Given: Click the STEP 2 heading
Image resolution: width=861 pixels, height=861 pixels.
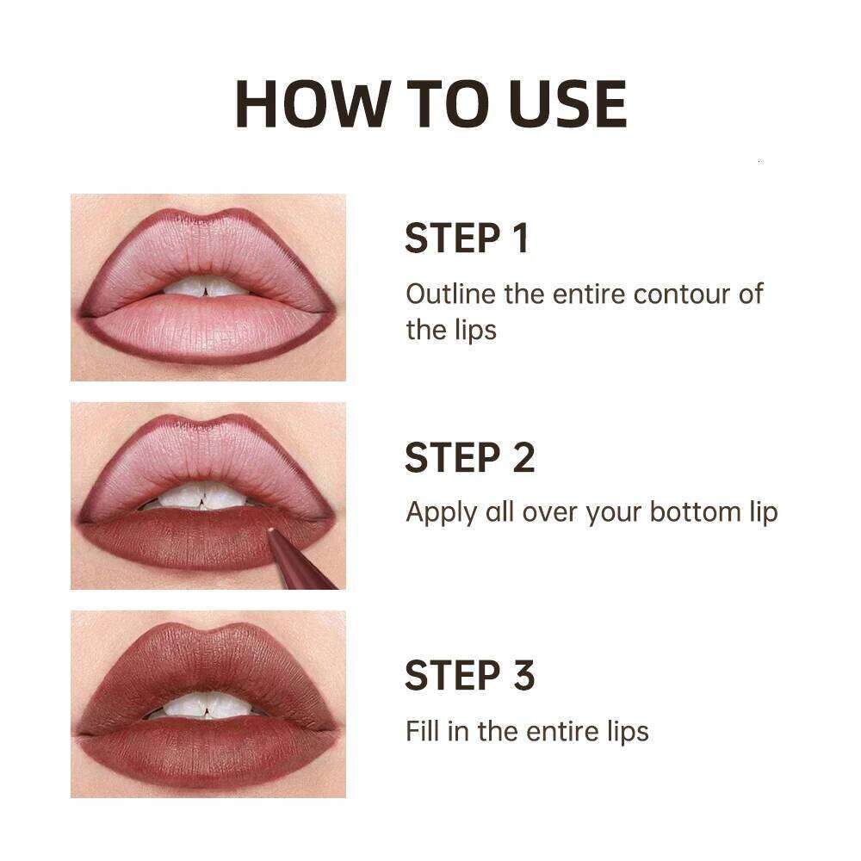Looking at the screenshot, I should tap(469, 457).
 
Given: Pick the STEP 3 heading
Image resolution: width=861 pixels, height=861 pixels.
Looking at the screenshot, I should tap(469, 676).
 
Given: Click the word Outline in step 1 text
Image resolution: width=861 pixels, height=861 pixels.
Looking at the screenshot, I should tap(451, 294).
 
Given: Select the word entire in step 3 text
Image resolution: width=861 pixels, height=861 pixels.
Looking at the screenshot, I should tap(559, 731).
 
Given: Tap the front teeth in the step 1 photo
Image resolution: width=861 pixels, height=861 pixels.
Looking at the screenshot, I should tap(207, 288).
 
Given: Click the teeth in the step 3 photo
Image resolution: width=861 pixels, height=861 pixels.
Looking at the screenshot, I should tap(207, 706).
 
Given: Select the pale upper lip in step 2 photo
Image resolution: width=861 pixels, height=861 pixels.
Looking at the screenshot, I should tap(207, 456).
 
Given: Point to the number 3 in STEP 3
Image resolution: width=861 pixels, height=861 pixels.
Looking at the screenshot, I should tap(523, 676).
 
